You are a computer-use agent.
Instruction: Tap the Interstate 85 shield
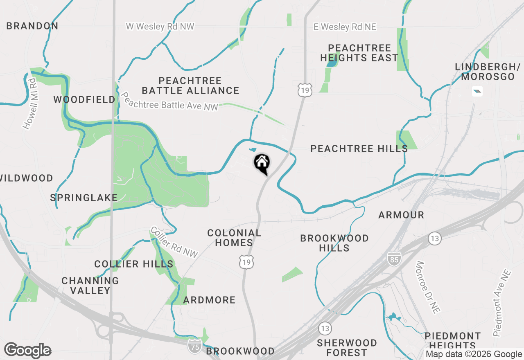pyautogui.click(x=394, y=258)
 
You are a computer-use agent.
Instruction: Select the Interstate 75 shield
pyautogui.click(x=194, y=346)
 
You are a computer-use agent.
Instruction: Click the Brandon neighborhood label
pyautogui.click(x=32, y=26)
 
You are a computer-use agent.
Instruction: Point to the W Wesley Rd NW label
pyautogui.click(x=160, y=27)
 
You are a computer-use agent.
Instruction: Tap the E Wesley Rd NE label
pyautogui.click(x=345, y=27)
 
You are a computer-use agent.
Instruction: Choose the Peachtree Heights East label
pyautogui.click(x=359, y=53)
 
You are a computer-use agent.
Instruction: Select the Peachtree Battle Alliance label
pyautogui.click(x=190, y=85)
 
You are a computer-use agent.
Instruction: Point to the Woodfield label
pyautogui.click(x=85, y=99)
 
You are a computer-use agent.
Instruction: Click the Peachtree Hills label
pyautogui.click(x=359, y=148)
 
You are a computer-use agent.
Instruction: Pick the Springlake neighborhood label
pyautogui.click(x=84, y=198)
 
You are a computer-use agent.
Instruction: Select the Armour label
pyautogui.click(x=401, y=215)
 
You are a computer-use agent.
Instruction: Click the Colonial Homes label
pyautogui.click(x=234, y=238)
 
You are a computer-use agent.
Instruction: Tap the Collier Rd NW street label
pyautogui.click(x=174, y=242)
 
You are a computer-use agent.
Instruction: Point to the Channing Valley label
pyautogui.click(x=90, y=286)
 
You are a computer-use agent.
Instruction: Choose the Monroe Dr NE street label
pyautogui.click(x=427, y=287)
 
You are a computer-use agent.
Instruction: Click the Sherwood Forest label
pyautogui.click(x=347, y=347)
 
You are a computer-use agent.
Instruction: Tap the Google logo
pyautogui.click(x=27, y=351)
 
